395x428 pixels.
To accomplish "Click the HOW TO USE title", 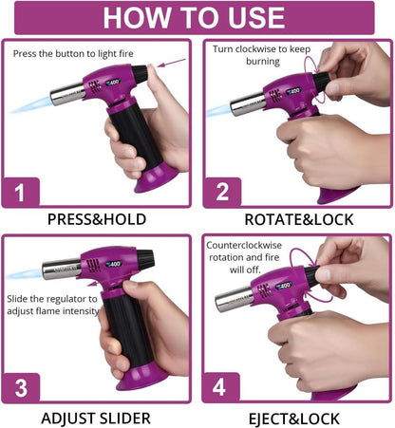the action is [x=194, y=18].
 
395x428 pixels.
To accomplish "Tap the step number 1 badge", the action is [x=21, y=192].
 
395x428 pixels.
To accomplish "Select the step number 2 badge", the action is [x=222, y=192].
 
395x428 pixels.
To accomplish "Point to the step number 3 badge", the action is [x=21, y=388].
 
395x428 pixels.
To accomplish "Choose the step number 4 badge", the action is [x=220, y=387].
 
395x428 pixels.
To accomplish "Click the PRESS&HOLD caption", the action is [x=97, y=219].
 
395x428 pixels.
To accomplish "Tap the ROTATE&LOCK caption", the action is [x=299, y=219].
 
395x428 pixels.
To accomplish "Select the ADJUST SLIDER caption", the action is [x=96, y=419].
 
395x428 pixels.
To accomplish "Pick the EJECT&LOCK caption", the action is [x=294, y=419].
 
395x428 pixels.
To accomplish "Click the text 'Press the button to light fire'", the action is [x=73, y=54].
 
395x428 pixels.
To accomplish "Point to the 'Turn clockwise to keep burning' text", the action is [x=262, y=55].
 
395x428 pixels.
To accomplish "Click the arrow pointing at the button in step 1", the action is [x=172, y=63].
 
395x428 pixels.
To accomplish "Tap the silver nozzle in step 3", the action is [x=62, y=270].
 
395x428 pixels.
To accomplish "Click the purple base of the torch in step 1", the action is [x=156, y=179].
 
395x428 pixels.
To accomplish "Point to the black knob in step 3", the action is [x=145, y=258].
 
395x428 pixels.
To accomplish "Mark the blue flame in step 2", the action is [x=219, y=110].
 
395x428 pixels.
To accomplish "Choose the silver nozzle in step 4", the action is [x=234, y=299].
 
